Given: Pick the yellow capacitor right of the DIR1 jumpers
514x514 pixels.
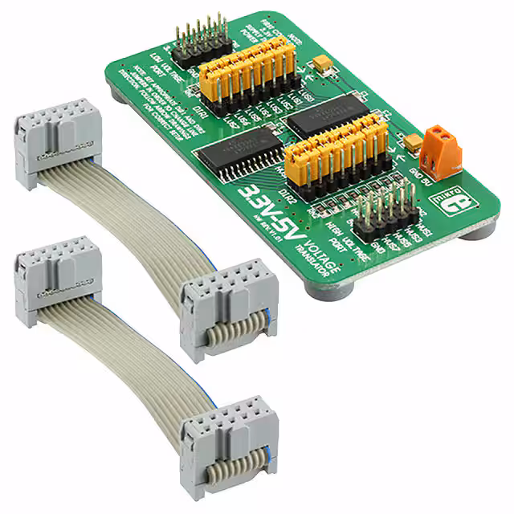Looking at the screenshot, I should [x=324, y=62].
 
